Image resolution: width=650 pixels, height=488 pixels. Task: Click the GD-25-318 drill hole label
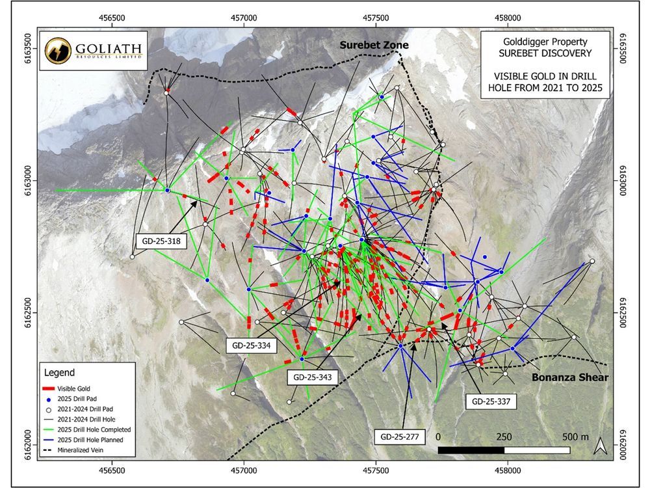click(x=161, y=241)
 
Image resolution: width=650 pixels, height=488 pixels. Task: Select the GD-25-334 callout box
click(x=251, y=345)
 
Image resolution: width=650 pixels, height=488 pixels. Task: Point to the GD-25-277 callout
click(x=400, y=435)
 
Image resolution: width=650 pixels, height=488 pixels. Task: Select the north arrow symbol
click(x=601, y=446)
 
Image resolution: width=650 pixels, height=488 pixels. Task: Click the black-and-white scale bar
click(x=504, y=450)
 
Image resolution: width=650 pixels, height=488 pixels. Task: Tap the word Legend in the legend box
click(x=60, y=373)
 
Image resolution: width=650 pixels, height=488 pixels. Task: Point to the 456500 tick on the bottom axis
click(x=112, y=468)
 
